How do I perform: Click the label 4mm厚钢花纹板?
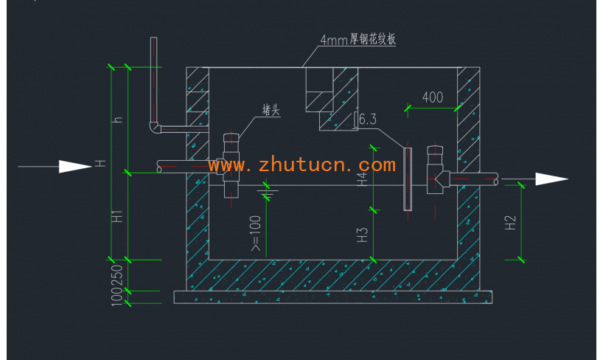pos(358,40)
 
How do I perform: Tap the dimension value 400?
pos(433,97)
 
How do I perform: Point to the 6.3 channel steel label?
pos(366,119)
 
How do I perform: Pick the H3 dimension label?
pos(362,235)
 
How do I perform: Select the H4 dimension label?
pos(362,179)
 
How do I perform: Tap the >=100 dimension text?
pos(256,234)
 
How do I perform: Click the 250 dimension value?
pos(116,275)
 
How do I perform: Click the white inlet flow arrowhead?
pos(75,167)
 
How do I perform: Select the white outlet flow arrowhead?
pos(551,179)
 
